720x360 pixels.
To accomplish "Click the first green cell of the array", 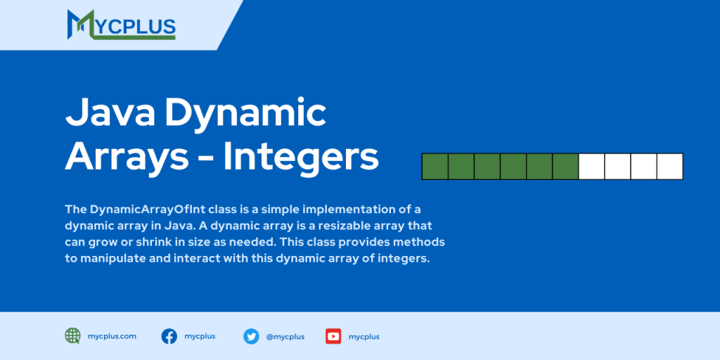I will coord(435,167).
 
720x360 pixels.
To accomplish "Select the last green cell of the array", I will coord(565,167).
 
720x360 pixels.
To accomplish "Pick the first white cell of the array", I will coord(591,167).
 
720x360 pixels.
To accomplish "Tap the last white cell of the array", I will coord(669,167).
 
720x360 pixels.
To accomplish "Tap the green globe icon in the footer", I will coord(72,336).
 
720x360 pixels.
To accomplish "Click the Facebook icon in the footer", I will coord(169,336).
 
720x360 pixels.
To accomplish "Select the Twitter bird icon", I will coord(251,336).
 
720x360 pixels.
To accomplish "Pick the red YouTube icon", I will coord(333,336).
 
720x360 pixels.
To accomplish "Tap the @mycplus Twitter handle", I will coord(285,337).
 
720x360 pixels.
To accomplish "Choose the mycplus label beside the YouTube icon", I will coord(364,337).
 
